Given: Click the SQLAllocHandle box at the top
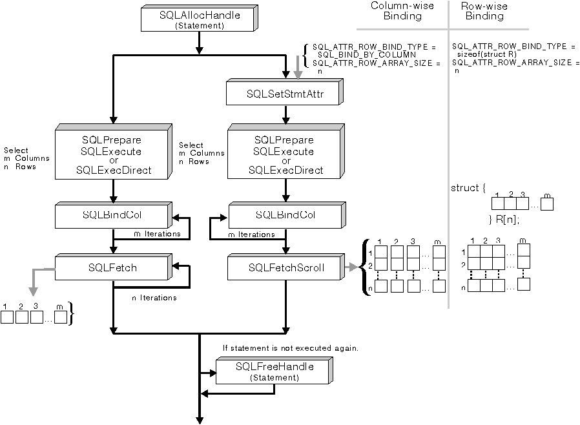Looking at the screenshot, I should [x=199, y=19].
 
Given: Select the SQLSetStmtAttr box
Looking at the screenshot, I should [x=284, y=94].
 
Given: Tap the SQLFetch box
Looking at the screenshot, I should [x=112, y=267].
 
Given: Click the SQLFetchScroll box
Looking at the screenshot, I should [x=284, y=267].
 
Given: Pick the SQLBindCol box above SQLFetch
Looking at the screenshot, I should [x=112, y=215].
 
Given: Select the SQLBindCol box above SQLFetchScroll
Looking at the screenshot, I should [x=284, y=215].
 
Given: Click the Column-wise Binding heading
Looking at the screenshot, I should [x=402, y=11].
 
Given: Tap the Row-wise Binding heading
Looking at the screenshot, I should [x=484, y=11].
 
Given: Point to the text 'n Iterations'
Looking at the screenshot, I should [x=154, y=298].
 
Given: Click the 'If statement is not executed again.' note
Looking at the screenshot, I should [x=290, y=348].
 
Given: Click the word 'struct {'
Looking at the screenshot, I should [x=467, y=188].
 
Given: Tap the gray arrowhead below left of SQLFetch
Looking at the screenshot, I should [x=30, y=293].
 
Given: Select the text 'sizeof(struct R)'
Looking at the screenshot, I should [x=488, y=55].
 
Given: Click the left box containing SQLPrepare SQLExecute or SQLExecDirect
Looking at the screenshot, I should [x=112, y=155].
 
